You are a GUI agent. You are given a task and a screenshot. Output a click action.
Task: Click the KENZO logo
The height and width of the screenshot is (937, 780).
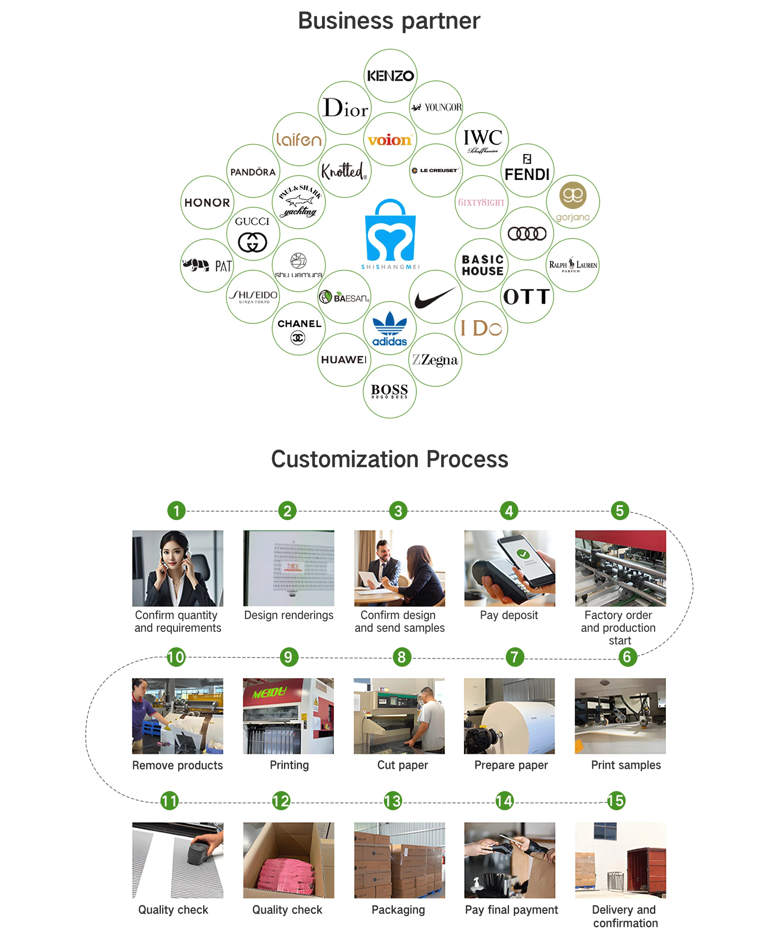[x=390, y=76]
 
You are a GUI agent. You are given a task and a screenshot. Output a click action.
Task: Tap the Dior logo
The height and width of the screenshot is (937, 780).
[x=345, y=108]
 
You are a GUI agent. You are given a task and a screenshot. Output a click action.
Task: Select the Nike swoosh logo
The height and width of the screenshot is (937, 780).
[x=435, y=297]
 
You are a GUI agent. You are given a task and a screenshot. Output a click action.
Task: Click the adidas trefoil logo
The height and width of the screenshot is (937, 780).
[x=390, y=328]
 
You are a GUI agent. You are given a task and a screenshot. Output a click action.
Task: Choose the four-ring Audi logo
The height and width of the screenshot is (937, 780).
[x=527, y=233]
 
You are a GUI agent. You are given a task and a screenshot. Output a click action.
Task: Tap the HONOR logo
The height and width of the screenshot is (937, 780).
[x=207, y=203]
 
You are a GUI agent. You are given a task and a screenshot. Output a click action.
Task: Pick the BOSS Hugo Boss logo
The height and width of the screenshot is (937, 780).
[x=390, y=391]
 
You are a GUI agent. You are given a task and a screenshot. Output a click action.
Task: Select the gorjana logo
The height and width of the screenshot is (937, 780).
[x=572, y=202]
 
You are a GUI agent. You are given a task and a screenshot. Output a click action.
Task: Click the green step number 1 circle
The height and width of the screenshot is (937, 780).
[x=176, y=510]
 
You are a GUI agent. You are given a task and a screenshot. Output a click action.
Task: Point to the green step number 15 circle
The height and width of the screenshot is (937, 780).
[x=616, y=801]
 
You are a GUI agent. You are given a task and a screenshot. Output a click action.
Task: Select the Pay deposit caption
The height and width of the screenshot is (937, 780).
[x=509, y=615]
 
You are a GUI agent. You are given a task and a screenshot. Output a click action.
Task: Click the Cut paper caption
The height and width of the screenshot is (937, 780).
[x=402, y=765]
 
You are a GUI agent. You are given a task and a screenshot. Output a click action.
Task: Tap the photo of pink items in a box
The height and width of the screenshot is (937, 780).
[x=288, y=860]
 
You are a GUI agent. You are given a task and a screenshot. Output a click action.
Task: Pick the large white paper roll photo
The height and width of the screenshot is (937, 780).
[x=509, y=716]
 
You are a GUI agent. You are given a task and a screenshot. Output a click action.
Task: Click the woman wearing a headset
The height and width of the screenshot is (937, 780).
[x=177, y=568]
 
